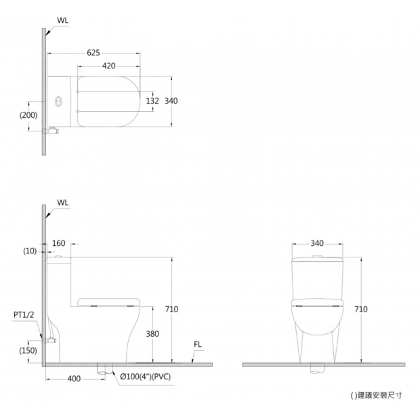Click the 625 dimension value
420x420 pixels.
[93, 53]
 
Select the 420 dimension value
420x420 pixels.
[109, 66]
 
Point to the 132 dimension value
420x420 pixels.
[152, 101]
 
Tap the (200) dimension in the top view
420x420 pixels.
[28, 115]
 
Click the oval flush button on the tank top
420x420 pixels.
[58, 101]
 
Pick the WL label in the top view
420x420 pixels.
[63, 20]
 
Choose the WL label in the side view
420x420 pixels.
[63, 203]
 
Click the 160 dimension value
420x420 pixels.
[59, 243]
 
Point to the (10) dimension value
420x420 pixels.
[30, 251]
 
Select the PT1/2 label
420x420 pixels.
[24, 315]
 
